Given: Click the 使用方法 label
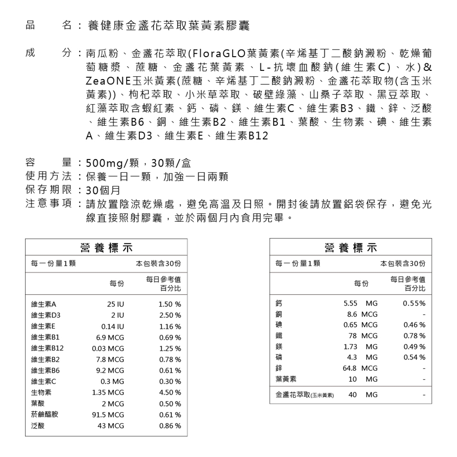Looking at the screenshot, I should pyautogui.click(x=48, y=178).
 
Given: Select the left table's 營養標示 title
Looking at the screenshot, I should pyautogui.click(x=106, y=248).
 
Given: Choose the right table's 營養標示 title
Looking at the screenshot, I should pyautogui.click(x=350, y=248).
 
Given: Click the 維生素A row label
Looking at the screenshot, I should pyautogui.click(x=43, y=304).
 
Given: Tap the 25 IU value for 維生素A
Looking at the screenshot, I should pyautogui.click(x=116, y=304).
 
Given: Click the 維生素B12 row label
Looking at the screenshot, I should pyautogui.click(x=47, y=348).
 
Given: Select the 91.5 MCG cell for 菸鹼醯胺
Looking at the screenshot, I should pyautogui.click(x=108, y=415).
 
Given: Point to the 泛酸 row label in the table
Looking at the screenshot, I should pyautogui.click(x=38, y=426).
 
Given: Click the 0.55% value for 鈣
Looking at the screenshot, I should pyautogui.click(x=414, y=303).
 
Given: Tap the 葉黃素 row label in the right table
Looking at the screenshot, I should pyautogui.click(x=286, y=379).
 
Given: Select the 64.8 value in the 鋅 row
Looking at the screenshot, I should pyautogui.click(x=350, y=368).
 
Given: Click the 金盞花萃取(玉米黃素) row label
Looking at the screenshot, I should pyautogui.click(x=304, y=395).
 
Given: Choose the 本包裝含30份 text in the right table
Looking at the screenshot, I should pyautogui.click(x=403, y=263).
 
